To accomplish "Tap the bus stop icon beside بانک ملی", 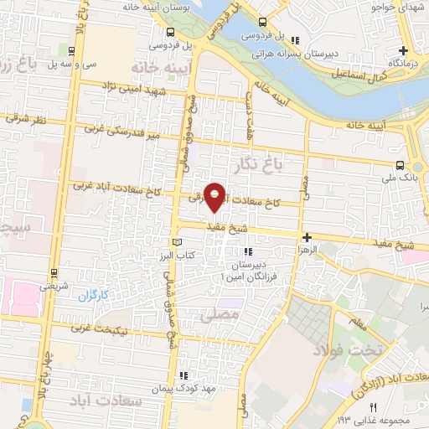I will (x=401, y=164).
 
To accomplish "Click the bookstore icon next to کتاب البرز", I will (x=175, y=242).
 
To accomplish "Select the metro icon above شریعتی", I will (x=54, y=271).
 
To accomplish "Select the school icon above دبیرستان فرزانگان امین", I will (x=246, y=251).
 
